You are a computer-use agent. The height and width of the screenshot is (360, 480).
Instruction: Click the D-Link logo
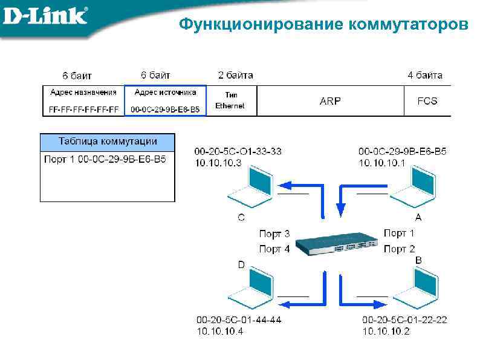click(45, 16)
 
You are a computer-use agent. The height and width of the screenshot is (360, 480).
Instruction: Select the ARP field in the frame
click(330, 101)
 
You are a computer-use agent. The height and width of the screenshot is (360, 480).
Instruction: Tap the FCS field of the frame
click(427, 101)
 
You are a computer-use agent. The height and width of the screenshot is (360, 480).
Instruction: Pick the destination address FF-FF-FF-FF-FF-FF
click(83, 110)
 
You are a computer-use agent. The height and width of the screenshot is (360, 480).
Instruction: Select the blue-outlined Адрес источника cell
click(165, 100)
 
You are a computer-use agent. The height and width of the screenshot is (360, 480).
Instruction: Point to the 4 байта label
click(425, 76)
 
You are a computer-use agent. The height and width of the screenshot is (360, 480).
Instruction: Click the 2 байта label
click(235, 76)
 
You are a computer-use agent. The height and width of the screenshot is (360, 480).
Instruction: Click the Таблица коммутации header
click(108, 142)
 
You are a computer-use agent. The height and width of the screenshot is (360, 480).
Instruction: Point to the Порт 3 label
click(274, 234)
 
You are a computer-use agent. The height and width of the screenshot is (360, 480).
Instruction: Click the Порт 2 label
click(399, 249)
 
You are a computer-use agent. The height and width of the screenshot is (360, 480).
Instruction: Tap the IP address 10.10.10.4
click(219, 331)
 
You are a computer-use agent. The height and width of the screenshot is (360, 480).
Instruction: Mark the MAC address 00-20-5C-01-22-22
click(404, 319)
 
